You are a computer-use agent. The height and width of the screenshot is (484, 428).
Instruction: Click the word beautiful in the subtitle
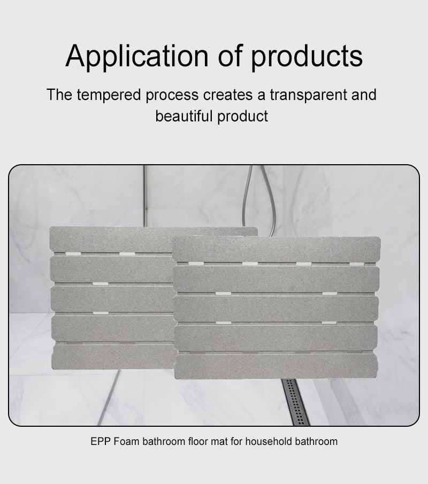pyautogui.click(x=184, y=116)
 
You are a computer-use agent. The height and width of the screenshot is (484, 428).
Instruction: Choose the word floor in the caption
pyautogui.click(x=191, y=442)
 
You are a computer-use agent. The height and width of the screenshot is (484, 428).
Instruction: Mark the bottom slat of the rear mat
pyautogui.click(x=112, y=356)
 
